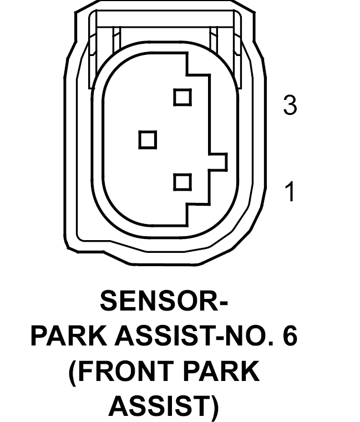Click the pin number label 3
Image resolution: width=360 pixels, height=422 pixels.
[x=290, y=105]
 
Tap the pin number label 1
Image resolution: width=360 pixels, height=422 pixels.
[x=290, y=191]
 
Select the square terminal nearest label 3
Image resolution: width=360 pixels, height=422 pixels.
[x=182, y=97]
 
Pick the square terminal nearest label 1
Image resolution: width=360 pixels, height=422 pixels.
[x=182, y=182]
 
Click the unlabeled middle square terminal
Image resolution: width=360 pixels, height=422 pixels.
[x=148, y=140]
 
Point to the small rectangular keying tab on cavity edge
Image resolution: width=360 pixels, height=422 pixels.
[x=218, y=162]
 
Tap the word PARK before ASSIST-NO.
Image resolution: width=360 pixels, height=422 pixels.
[x=69, y=336]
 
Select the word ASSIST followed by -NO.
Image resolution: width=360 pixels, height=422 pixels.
[x=165, y=336]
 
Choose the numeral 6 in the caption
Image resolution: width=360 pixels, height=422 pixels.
[x=290, y=336]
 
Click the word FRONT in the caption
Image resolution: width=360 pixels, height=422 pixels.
[x=125, y=372]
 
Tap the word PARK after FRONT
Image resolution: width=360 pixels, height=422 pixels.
[x=221, y=372]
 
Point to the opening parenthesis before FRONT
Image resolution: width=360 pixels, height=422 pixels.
[x=73, y=373]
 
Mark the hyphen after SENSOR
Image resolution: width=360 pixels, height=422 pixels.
[x=224, y=303]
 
